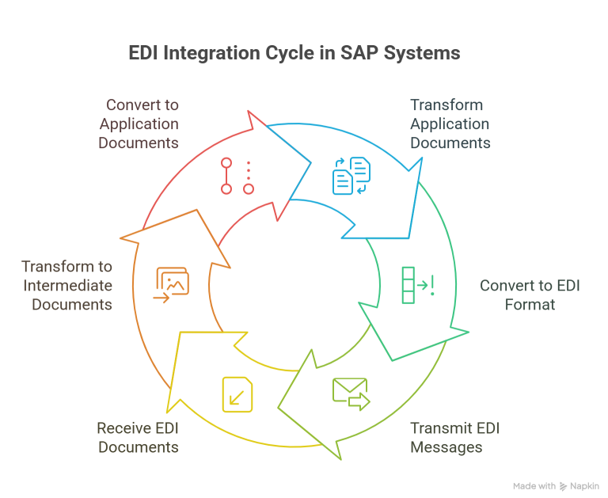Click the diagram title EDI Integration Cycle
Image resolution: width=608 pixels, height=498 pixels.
(x=294, y=55)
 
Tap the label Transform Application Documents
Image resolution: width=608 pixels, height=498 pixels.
(x=450, y=124)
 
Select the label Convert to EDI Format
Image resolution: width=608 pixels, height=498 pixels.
(x=530, y=295)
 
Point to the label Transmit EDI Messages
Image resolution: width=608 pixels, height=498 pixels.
(x=455, y=438)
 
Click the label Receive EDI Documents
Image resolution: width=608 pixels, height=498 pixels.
(x=138, y=438)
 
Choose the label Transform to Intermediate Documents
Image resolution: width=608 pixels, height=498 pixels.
(x=67, y=285)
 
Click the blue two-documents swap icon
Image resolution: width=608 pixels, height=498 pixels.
(x=351, y=176)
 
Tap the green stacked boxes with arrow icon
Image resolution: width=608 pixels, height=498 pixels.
(x=416, y=285)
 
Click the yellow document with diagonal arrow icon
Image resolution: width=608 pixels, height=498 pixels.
(x=237, y=394)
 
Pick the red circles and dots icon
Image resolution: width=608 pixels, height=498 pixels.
(x=237, y=176)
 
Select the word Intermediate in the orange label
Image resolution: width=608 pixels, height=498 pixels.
(x=67, y=285)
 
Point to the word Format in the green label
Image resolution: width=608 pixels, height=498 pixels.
(x=530, y=304)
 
